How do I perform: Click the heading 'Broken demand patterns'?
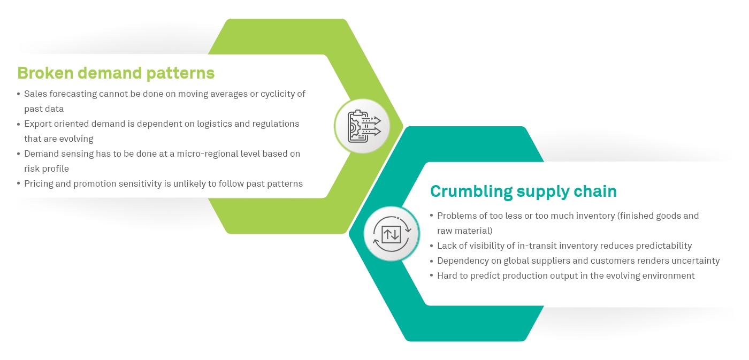point(116,73)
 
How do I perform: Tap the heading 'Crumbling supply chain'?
point(523,191)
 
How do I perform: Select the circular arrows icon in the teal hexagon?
point(392,233)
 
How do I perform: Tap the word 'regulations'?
point(274,124)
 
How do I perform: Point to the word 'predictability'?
point(663,246)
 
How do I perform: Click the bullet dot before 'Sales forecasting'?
point(19,94)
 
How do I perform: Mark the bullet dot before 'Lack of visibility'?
point(432,246)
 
